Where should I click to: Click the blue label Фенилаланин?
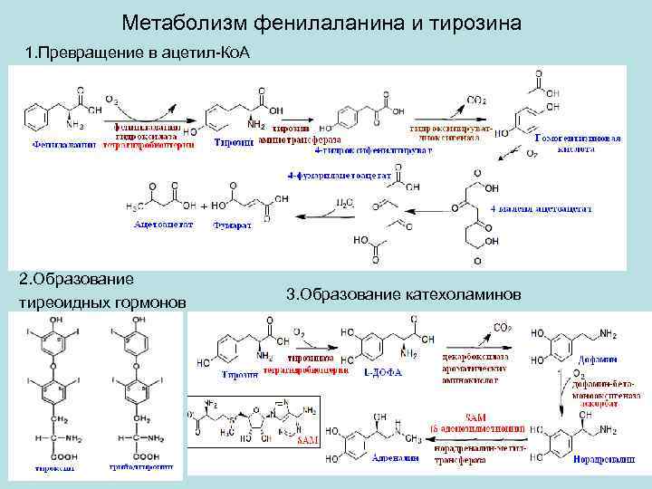coord(64,143)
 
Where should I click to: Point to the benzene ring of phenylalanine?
coord(39,116)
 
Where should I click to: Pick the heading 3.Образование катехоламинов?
coord(403,294)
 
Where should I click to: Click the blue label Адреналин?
coord(396,458)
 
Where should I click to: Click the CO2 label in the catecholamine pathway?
coord(501,328)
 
